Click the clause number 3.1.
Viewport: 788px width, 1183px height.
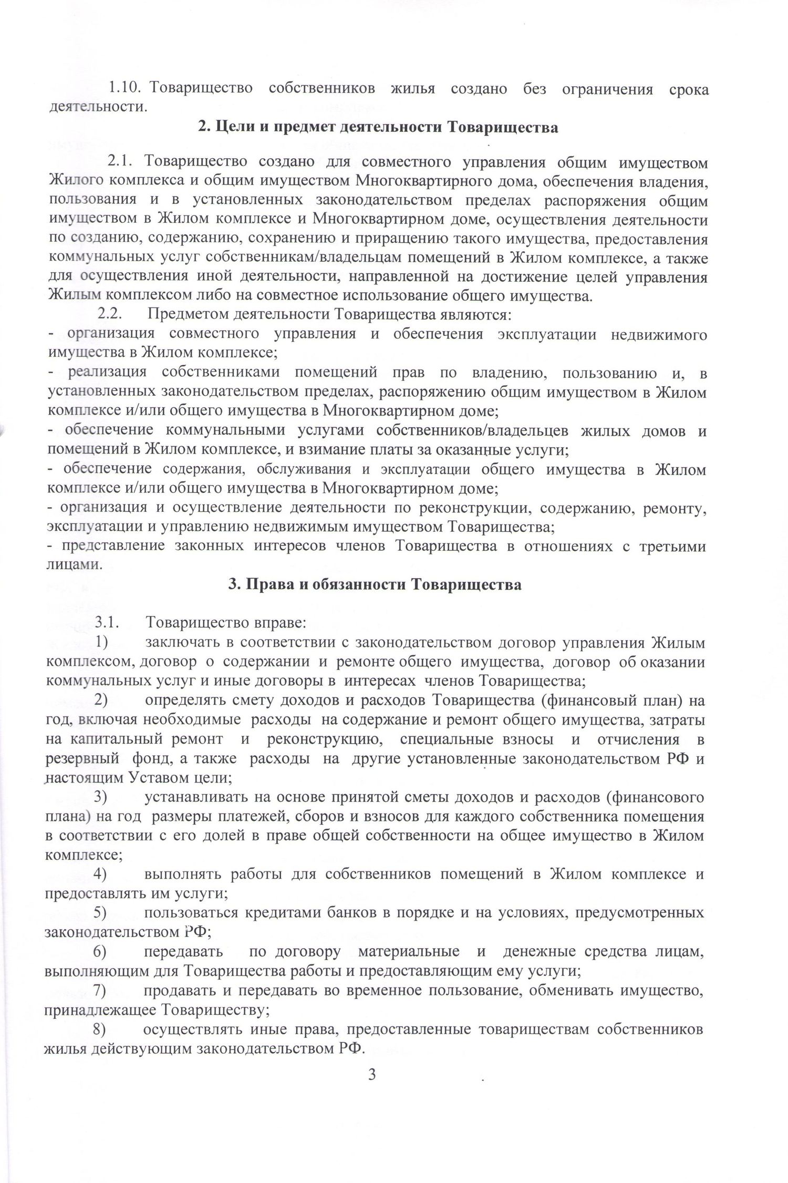tap(108, 623)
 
